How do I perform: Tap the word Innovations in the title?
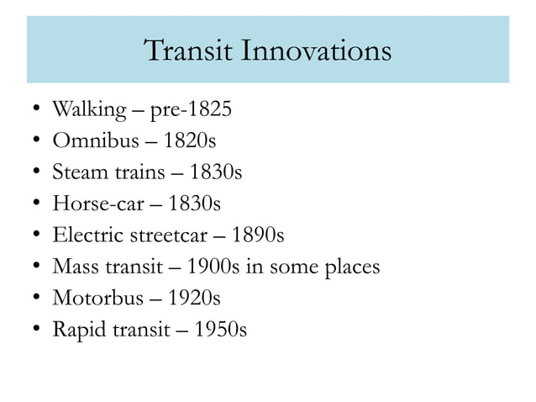[x=317, y=50]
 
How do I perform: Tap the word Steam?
[x=76, y=173]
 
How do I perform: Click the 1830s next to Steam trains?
[x=216, y=173]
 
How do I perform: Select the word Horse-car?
[x=89, y=204]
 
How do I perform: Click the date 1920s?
[x=194, y=299]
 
